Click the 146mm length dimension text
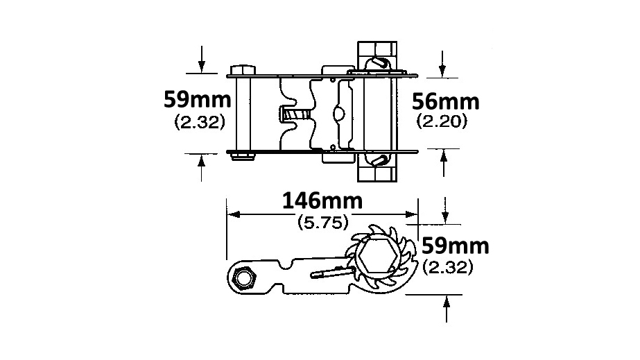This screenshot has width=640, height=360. pyautogui.click(x=322, y=201)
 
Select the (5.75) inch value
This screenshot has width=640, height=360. pyautogui.click(x=323, y=223)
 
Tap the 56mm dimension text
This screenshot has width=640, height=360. pyautogui.click(x=445, y=102)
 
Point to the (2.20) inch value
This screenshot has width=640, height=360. pyautogui.click(x=442, y=121)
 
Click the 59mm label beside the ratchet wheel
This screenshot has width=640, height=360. pyautogui.click(x=455, y=246)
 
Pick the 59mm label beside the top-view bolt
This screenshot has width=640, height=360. pyautogui.click(x=198, y=99)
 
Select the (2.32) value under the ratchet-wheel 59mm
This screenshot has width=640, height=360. pyautogui.click(x=448, y=267)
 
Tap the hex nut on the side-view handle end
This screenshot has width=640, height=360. pyautogui.click(x=243, y=279)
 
